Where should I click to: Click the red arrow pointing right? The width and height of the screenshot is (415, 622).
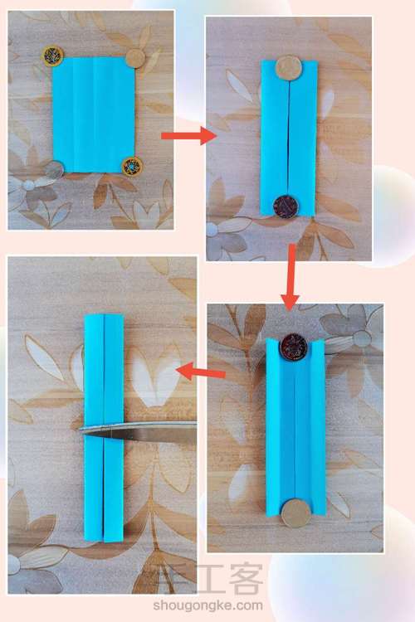[x=188, y=136]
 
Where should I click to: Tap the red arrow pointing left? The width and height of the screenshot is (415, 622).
[x=201, y=372]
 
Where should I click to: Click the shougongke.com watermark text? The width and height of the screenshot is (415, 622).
[x=207, y=605]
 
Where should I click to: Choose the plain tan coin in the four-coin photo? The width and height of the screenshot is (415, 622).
[x=136, y=59]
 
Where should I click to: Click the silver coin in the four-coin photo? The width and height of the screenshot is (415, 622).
[x=54, y=170]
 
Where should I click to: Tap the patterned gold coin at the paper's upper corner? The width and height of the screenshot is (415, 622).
[x=53, y=56]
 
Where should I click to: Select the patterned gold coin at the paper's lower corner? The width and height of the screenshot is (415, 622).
[x=132, y=166]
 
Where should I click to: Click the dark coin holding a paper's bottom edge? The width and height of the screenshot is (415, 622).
[x=286, y=207]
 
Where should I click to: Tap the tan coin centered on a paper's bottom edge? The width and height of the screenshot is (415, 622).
[x=295, y=513]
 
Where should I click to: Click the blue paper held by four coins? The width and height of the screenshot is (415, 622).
[x=94, y=115]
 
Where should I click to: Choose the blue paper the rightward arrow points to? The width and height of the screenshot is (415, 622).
[x=289, y=138]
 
